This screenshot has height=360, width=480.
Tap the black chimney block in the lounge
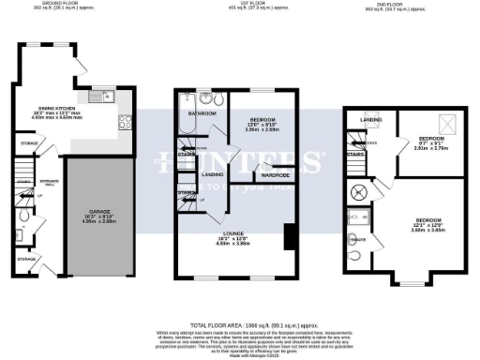(x=289, y=236)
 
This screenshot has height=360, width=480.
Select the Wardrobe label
(x=274, y=175)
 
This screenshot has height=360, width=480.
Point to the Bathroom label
(x=202, y=113)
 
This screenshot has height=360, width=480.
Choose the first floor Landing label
(x=211, y=175)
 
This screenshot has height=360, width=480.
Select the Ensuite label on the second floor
(x=355, y=238)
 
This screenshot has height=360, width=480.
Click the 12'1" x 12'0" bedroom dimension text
(x=429, y=226)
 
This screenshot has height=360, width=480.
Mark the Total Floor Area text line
(x=240, y=322)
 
